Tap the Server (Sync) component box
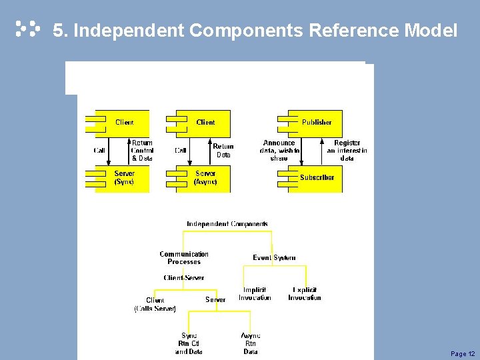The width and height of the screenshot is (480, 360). click(123, 178)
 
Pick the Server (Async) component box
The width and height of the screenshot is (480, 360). click(205, 178)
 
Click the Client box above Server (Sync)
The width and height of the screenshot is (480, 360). click(123, 123)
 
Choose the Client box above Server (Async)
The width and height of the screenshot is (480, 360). click(205, 123)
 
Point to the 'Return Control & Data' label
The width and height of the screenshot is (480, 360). click(142, 151)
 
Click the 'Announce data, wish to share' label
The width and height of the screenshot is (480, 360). click(279, 151)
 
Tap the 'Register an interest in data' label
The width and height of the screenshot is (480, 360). click(347, 151)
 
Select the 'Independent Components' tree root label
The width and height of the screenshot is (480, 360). click(227, 224)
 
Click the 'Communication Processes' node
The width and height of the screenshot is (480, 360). click(184, 258)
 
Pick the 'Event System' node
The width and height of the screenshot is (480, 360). click(274, 257)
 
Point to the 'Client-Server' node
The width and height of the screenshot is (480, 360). click(184, 277)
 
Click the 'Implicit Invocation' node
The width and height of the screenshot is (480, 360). click(255, 294)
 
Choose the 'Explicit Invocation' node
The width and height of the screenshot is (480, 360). click(305, 294)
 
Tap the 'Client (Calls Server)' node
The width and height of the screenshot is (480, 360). click(155, 305)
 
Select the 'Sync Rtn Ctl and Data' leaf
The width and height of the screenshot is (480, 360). click(189, 343)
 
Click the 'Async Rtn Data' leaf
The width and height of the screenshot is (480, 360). click(251, 343)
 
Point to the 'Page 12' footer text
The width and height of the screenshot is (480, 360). click(463, 353)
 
